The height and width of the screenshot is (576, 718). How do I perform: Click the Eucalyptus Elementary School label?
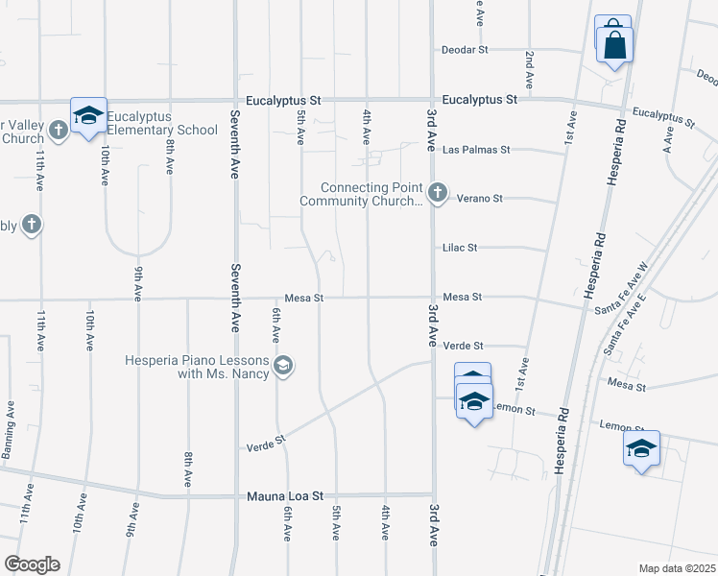pyautogui.click(x=162, y=123)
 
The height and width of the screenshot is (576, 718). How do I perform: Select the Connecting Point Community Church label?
pyautogui.click(x=361, y=194)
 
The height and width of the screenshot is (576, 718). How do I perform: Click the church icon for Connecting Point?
pyautogui.click(x=437, y=194)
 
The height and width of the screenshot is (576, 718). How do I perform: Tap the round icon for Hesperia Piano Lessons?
pyautogui.click(x=282, y=365)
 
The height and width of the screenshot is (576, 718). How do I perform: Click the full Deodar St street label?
pyautogui.click(x=466, y=50)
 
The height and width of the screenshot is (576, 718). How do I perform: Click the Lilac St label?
pyautogui.click(x=460, y=248)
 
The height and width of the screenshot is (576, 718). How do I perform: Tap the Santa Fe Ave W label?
pyautogui.click(x=622, y=285)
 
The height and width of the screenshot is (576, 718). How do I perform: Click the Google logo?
pyautogui.click(x=32, y=564)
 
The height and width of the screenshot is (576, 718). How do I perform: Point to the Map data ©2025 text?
pyautogui.click(x=676, y=568)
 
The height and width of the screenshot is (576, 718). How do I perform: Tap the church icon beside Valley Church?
pyautogui.click(x=59, y=129)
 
